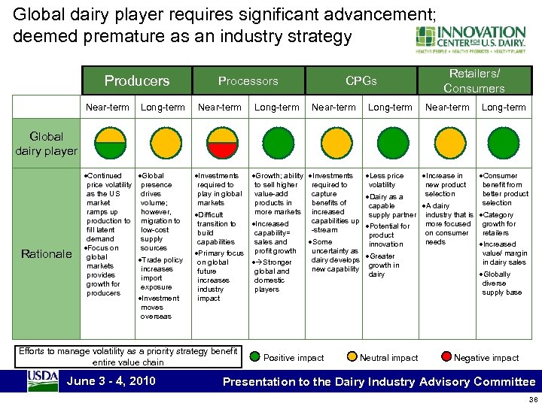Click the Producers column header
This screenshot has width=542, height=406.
[x=136, y=80]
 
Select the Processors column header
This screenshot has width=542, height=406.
[x=248, y=80]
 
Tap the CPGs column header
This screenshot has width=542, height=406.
[x=361, y=80]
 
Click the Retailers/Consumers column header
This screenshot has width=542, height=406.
[x=474, y=80]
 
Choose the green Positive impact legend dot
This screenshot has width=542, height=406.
[x=255, y=357]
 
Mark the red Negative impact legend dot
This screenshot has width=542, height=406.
[x=447, y=357]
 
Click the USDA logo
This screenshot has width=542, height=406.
[x=43, y=380]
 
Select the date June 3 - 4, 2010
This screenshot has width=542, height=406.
[x=111, y=381]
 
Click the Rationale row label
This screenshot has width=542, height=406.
[x=46, y=254]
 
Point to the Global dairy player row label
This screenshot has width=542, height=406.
[x=46, y=144]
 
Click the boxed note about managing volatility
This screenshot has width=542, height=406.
[x=128, y=356]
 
